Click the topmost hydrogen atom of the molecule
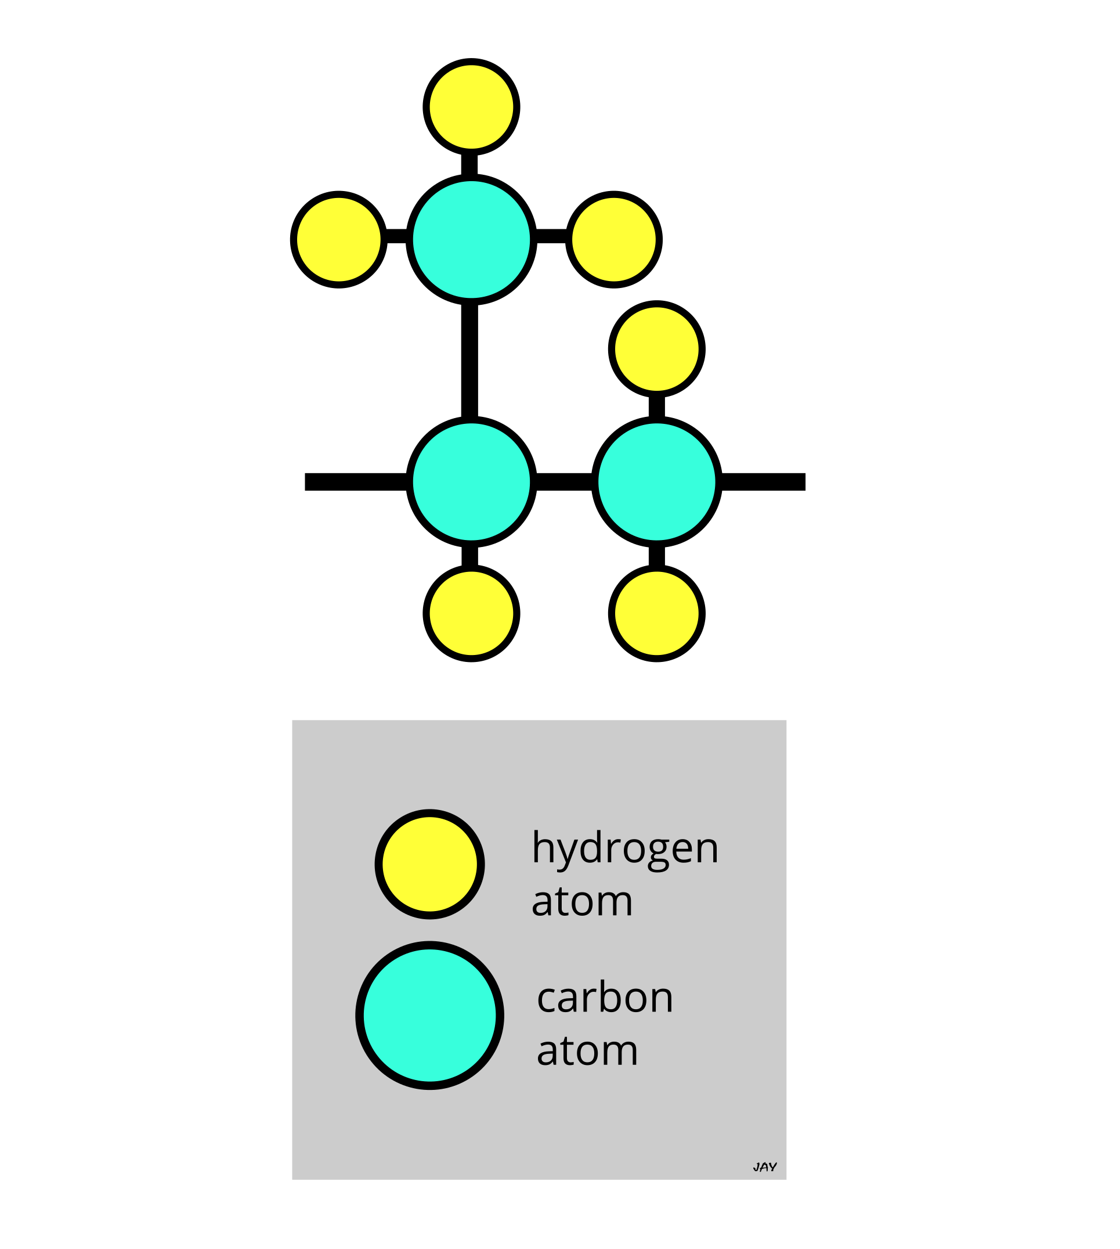coord(471,107)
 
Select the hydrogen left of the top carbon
coord(338,240)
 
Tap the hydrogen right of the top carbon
coord(613,240)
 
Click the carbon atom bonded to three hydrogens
coord(471,240)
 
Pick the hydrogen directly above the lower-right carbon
coord(656,349)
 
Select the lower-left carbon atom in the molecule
coord(471,481)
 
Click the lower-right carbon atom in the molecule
coord(656,481)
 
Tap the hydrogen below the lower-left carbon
coord(471,613)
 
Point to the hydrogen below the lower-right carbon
coord(656,613)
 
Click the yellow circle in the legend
coord(429,864)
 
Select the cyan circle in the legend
coord(429,1015)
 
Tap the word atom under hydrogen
coord(582,902)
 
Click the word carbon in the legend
coord(605,998)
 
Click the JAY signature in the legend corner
coord(764,1167)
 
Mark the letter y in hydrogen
coord(564,852)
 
